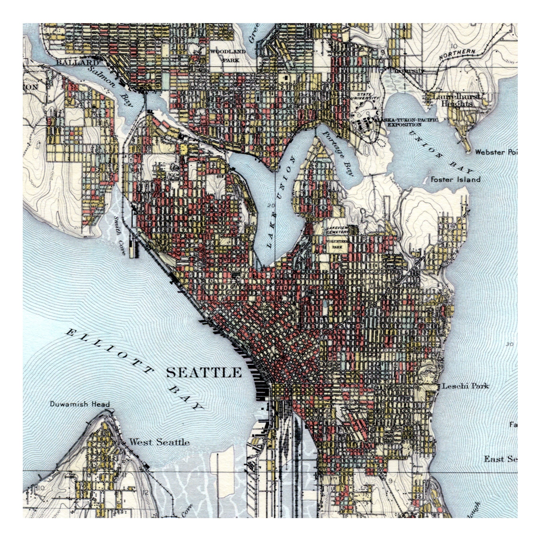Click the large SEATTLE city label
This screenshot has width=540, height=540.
[204, 373]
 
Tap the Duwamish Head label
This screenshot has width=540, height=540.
[79, 404]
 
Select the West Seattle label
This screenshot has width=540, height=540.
[159, 442]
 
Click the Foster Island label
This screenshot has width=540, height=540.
[455, 179]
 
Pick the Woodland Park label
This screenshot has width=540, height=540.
[228, 56]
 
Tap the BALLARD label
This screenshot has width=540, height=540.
[77, 62]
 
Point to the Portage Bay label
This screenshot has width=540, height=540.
[339, 153]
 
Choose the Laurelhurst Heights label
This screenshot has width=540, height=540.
[456, 100]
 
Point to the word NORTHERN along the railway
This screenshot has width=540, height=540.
[457, 54]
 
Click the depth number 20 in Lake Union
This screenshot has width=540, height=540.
[272, 205]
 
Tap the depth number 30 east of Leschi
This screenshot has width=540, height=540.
[509, 344]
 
